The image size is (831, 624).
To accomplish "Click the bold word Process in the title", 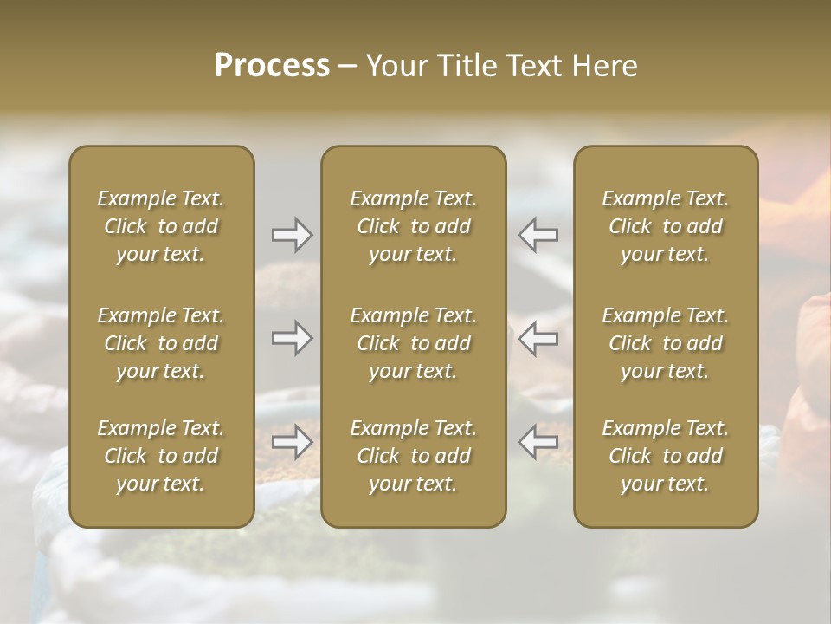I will tap(272, 66).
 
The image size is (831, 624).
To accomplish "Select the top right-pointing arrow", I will tap(292, 234).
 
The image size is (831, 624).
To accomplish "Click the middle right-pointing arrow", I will tap(292, 338).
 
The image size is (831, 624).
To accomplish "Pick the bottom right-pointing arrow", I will tap(292, 442).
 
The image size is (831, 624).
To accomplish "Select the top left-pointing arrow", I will tap(538, 234).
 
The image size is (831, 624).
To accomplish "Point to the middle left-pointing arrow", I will tap(538, 338).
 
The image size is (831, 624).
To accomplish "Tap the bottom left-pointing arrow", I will tap(538, 442).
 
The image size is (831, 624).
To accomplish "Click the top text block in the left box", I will tap(161, 226).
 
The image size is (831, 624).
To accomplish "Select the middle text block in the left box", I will tap(161, 343).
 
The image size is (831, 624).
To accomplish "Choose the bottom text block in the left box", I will tap(161, 456).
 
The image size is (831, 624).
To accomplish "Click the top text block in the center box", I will tap(413, 226).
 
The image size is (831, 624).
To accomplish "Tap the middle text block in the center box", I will tap(413, 343).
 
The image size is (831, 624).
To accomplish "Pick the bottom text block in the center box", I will tap(413, 456).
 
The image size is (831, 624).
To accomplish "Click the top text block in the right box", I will tap(665, 226).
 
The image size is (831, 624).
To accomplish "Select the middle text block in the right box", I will tap(665, 343).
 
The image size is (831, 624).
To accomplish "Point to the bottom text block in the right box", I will tap(665, 456).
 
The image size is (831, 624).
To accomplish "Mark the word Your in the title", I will tap(395, 66).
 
